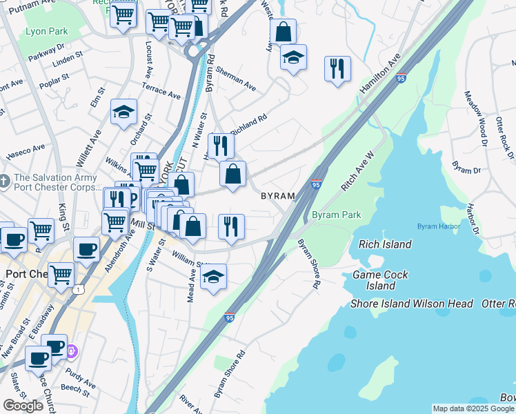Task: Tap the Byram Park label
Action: [x=336, y=215]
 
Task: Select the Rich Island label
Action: [x=385, y=244]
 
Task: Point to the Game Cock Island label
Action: [x=379, y=280]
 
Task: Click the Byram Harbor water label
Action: [x=437, y=226]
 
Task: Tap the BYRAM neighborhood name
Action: [x=278, y=197]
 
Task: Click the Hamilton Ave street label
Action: [x=379, y=77]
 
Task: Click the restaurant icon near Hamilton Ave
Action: [x=337, y=68]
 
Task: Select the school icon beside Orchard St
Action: [x=123, y=112]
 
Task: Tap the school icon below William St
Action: [x=214, y=277]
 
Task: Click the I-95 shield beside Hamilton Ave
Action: [x=401, y=77]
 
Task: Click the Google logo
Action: [x=23, y=406]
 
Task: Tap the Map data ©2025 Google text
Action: [x=473, y=408]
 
